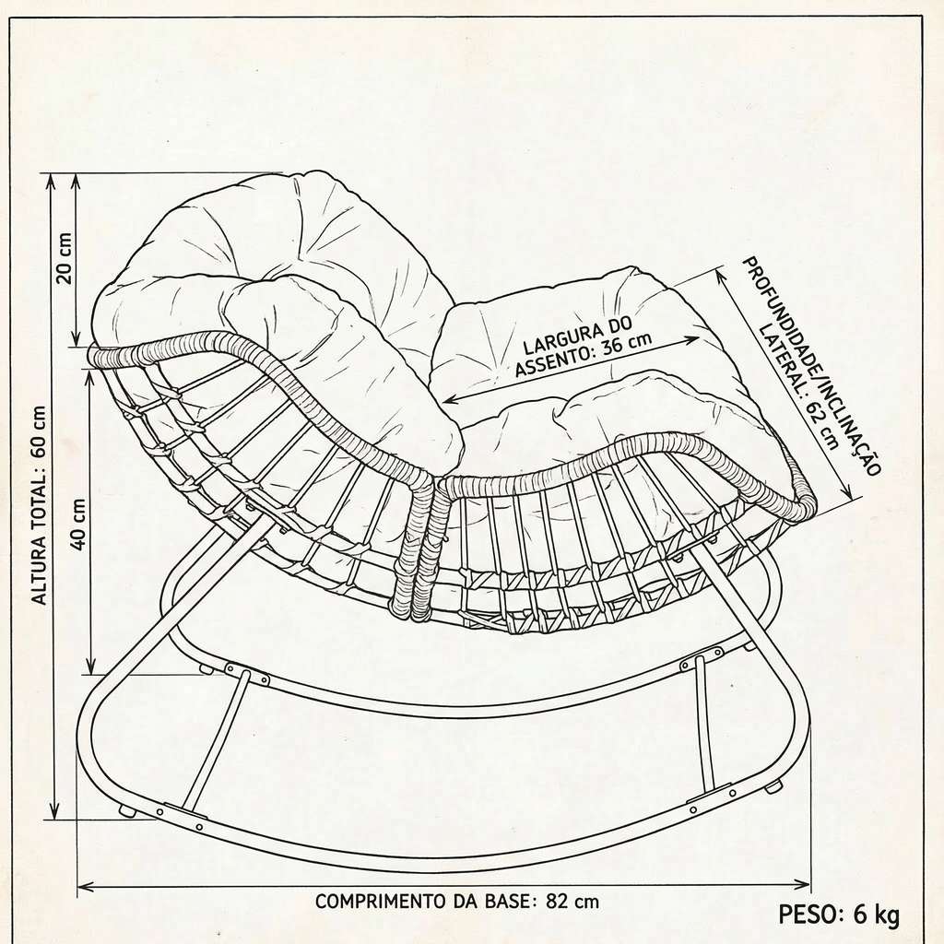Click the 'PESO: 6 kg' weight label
tap(839, 914)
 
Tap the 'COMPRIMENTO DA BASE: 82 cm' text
tap(457, 902)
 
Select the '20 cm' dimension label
tap(64, 258)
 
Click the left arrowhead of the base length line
tap(85, 886)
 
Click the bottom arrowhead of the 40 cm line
tap(91, 667)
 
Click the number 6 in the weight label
tap(860, 914)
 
